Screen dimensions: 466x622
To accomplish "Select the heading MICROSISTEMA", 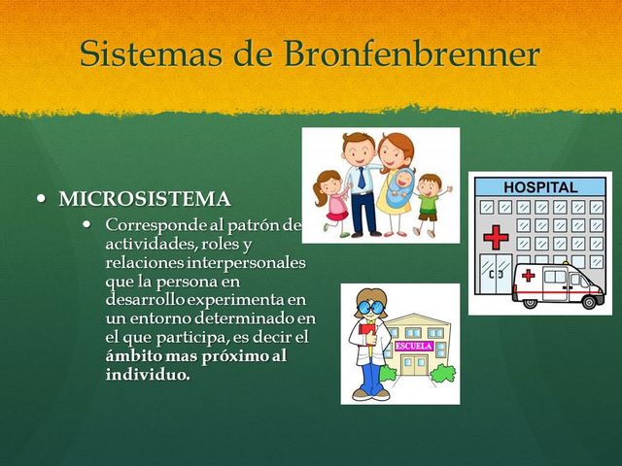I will pos(145,199).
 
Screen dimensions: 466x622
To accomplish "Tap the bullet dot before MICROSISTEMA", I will pos(41,198).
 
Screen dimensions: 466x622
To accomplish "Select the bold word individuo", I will pos(147,374).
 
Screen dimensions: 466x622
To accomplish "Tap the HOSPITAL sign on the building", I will pos(540,186).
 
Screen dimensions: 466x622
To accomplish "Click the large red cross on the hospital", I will pos(496,237).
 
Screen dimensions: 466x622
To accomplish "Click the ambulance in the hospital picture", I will pos(558,284).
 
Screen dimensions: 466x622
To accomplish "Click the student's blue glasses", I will pos(370,308).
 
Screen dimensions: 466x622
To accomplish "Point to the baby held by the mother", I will pos(398,184).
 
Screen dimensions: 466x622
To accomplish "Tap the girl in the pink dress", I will pos(331,199).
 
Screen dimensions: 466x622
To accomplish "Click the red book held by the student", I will pos(367,336).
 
